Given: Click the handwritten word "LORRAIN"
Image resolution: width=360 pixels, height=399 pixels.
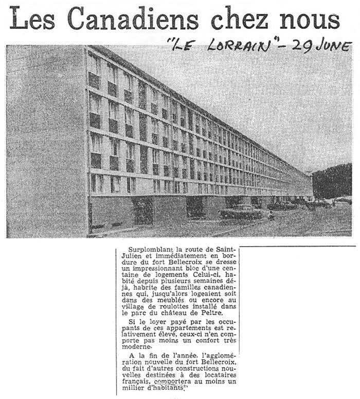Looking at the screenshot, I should tap(239, 46).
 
